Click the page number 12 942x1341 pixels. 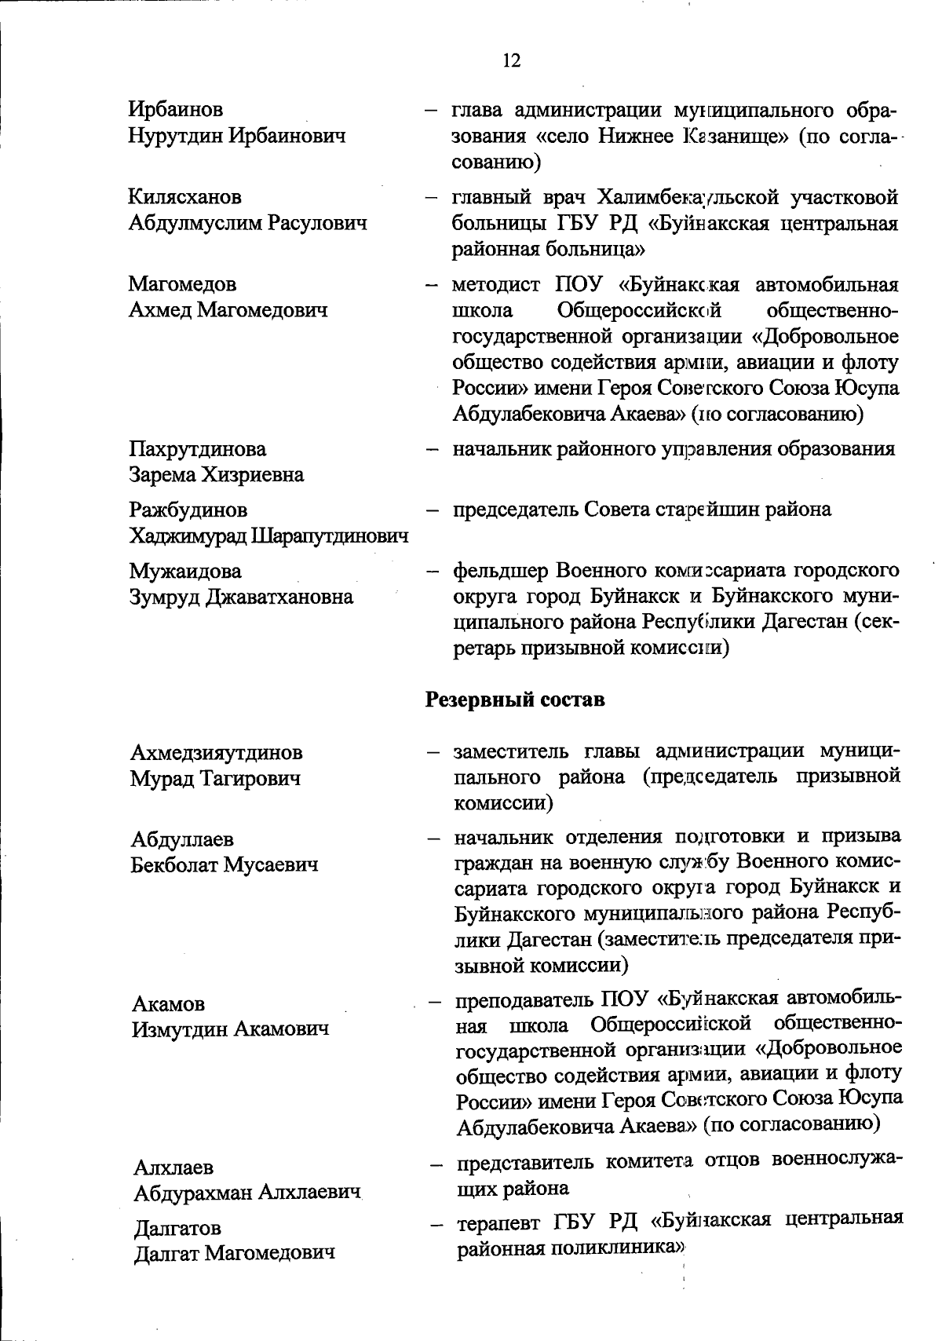(511, 60)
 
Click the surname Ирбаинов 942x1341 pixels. (176, 109)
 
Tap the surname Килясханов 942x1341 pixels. (185, 196)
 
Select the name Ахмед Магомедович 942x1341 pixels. (228, 310)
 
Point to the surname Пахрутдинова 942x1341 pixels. (197, 449)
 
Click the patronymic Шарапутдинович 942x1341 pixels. (330, 537)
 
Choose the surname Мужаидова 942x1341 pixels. (185, 571)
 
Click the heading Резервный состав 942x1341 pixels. (514, 699)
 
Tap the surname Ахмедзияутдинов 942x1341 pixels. (216, 753)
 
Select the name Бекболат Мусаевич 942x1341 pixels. (224, 865)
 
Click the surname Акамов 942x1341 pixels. (169, 1003)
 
